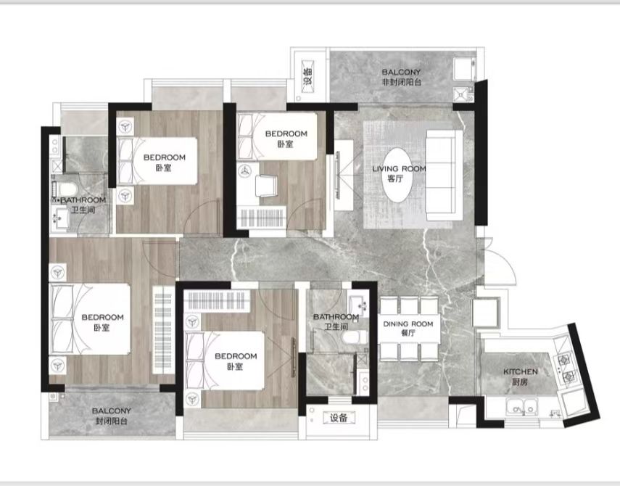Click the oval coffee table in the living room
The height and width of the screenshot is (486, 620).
(397, 176)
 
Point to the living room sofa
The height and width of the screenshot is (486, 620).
(444, 176)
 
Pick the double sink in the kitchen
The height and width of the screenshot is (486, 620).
(521, 406)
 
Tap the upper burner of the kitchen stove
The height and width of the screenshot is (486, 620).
(563, 360)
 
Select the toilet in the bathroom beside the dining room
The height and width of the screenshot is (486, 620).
(354, 337)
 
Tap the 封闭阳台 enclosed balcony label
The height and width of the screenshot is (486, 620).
(112, 421)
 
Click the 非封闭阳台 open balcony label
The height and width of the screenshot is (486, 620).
(401, 82)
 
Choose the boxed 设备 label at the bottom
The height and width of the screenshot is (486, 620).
(339, 418)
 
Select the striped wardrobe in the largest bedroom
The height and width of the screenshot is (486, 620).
(163, 330)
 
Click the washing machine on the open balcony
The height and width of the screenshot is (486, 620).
(465, 69)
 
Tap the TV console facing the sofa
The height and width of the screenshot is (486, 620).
(344, 175)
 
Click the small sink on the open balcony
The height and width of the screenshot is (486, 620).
(460, 94)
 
